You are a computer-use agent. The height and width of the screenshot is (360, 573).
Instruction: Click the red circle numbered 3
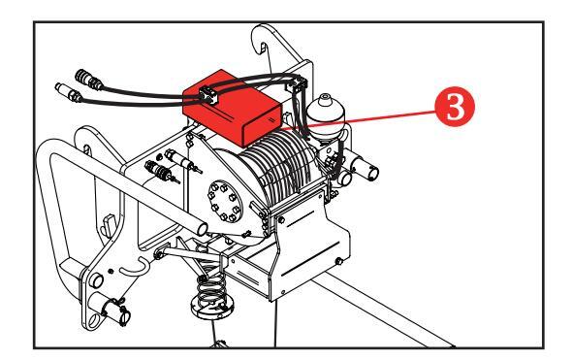pyautogui.click(x=455, y=107)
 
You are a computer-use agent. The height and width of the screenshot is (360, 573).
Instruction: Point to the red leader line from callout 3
pyautogui.click(x=359, y=120)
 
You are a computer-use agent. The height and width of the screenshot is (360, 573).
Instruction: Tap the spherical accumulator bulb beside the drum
pyautogui.click(x=325, y=113)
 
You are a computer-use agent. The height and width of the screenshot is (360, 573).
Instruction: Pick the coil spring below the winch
pyautogui.click(x=211, y=288)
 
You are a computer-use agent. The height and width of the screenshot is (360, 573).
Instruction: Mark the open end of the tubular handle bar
pyautogui.click(x=202, y=229)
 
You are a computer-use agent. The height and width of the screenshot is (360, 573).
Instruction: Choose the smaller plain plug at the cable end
pyautogui.click(x=69, y=92)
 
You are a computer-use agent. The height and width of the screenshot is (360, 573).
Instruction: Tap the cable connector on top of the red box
pyautogui.click(x=209, y=96)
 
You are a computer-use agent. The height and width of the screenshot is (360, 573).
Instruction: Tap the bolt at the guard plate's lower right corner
pyautogui.click(x=339, y=261)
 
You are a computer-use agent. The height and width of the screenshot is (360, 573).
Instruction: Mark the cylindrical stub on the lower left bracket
pyautogui.click(x=95, y=279)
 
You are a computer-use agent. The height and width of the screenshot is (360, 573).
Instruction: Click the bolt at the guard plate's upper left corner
pyautogui.click(x=281, y=220)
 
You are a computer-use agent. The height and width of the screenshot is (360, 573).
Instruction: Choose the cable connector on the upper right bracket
pyautogui.click(x=299, y=84)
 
